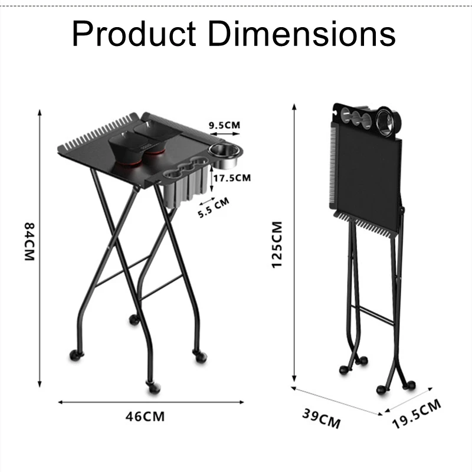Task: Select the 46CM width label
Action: click(145, 417)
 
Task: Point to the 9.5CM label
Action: click(225, 125)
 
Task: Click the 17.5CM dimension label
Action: click(232, 178)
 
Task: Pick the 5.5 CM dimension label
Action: click(213, 208)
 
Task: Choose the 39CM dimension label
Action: click(322, 419)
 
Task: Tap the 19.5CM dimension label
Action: click(417, 415)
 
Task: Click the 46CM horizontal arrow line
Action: click(150, 402)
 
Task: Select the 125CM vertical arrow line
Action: click(294, 242)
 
